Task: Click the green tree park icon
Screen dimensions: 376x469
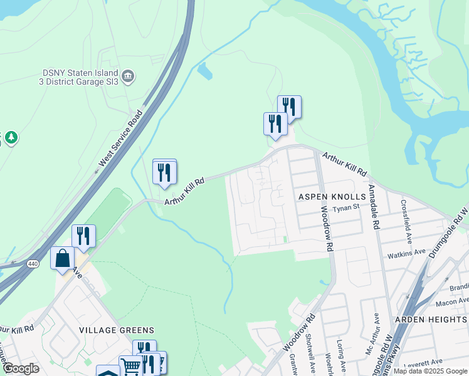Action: point(11,137)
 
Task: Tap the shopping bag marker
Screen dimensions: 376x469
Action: point(63,258)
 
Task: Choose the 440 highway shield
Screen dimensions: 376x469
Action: point(33,264)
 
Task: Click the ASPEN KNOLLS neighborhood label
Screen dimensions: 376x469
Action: point(332,197)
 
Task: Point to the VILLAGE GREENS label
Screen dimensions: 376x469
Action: point(116,330)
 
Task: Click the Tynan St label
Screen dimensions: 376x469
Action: point(345,208)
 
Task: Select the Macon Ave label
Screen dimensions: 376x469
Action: point(448,302)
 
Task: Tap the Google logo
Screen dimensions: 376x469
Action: point(20,369)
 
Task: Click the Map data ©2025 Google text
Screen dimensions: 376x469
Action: point(431,370)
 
